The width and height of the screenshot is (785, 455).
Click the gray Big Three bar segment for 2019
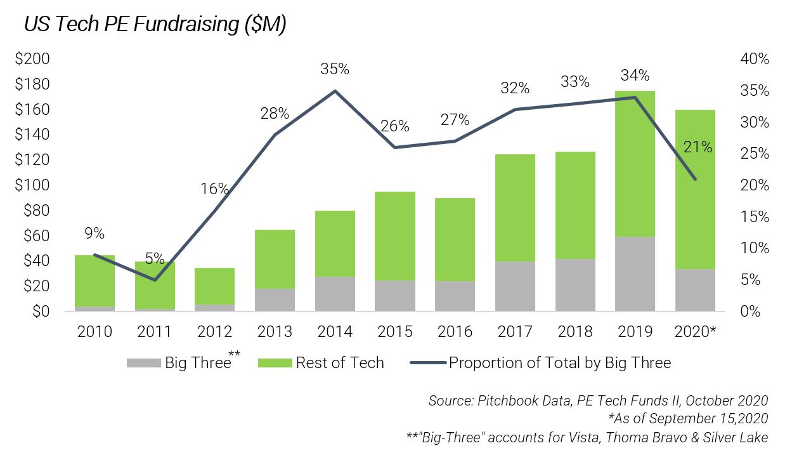635,274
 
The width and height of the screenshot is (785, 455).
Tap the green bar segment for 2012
214,286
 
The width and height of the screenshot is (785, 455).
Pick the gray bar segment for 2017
515,286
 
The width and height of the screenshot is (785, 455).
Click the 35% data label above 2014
335,69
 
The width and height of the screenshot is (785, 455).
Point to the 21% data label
697,147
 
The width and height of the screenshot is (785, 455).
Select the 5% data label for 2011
154,258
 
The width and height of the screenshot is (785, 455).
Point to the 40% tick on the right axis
753,59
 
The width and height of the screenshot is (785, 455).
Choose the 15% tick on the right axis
753,217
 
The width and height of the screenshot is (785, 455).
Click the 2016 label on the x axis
455,332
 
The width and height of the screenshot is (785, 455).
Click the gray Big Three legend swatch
144,363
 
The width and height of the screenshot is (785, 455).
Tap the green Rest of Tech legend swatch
275,363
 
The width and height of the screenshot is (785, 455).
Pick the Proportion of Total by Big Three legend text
559,363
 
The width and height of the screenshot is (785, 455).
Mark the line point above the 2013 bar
275,135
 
